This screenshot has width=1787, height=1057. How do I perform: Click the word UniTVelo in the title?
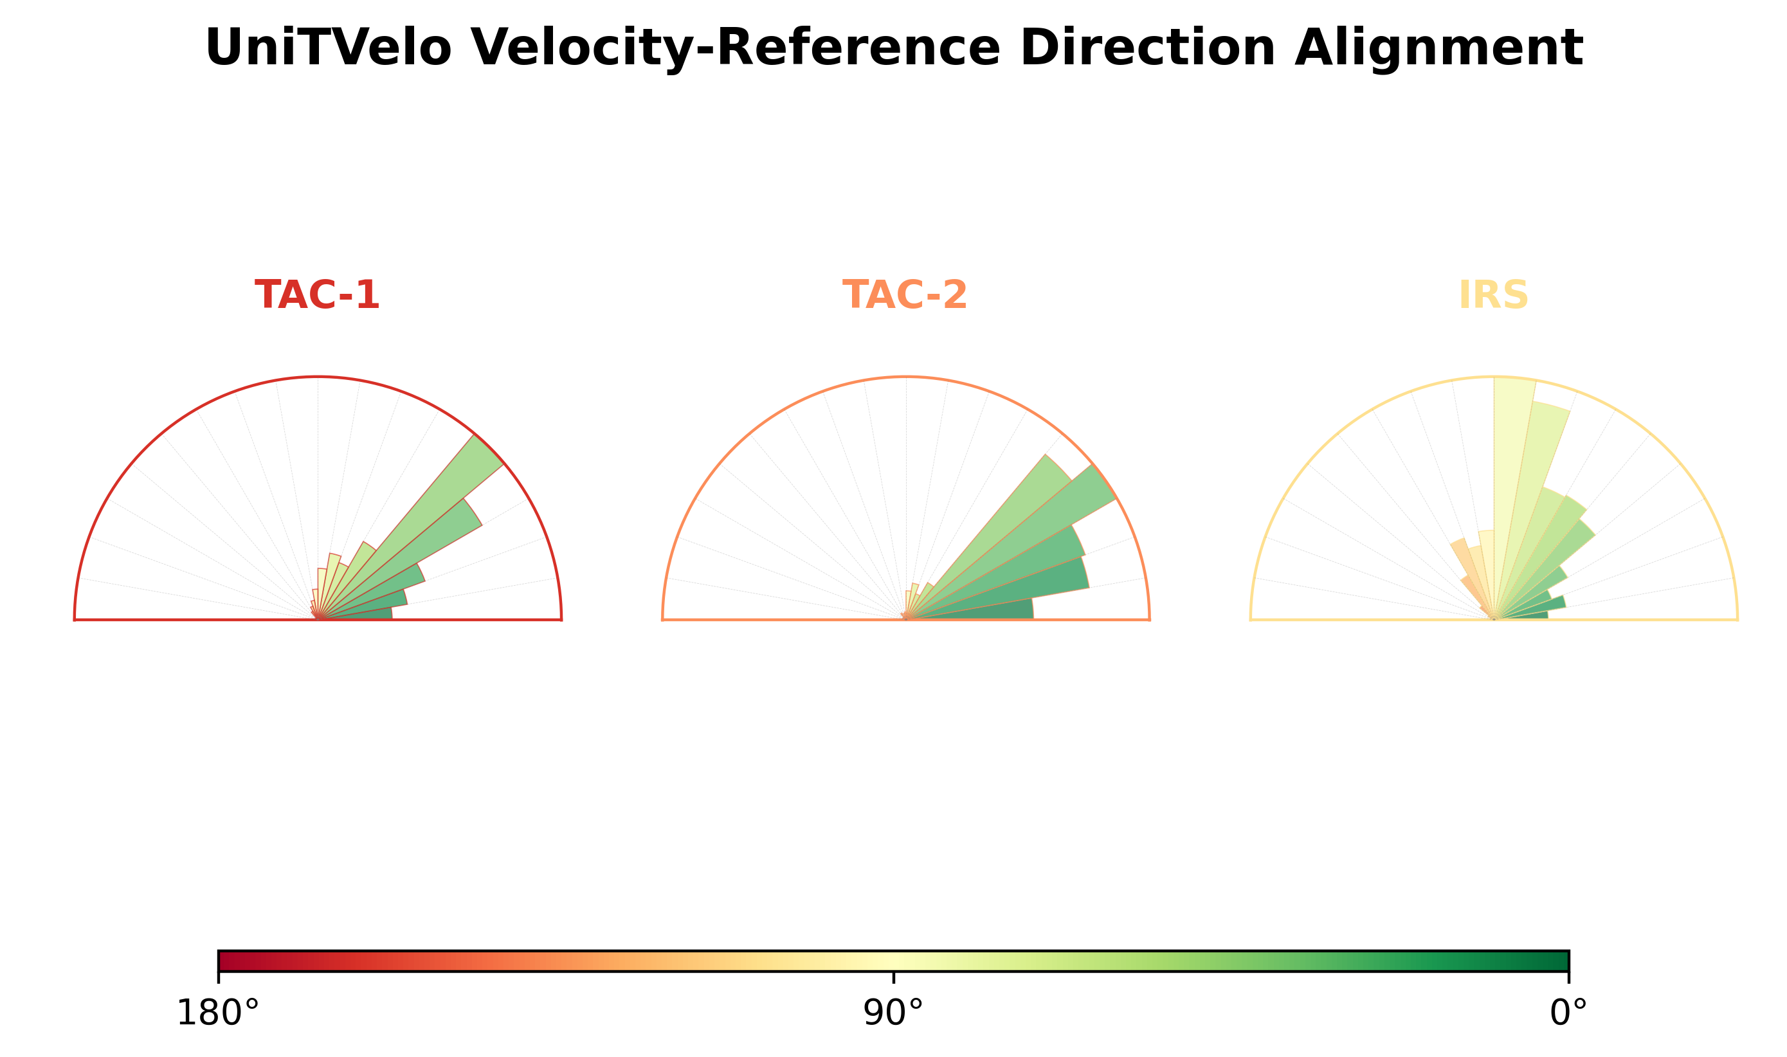(329, 48)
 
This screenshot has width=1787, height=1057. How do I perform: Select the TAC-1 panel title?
(317, 295)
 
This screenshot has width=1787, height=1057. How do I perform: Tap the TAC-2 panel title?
(905, 295)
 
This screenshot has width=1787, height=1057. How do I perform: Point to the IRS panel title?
(1494, 295)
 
